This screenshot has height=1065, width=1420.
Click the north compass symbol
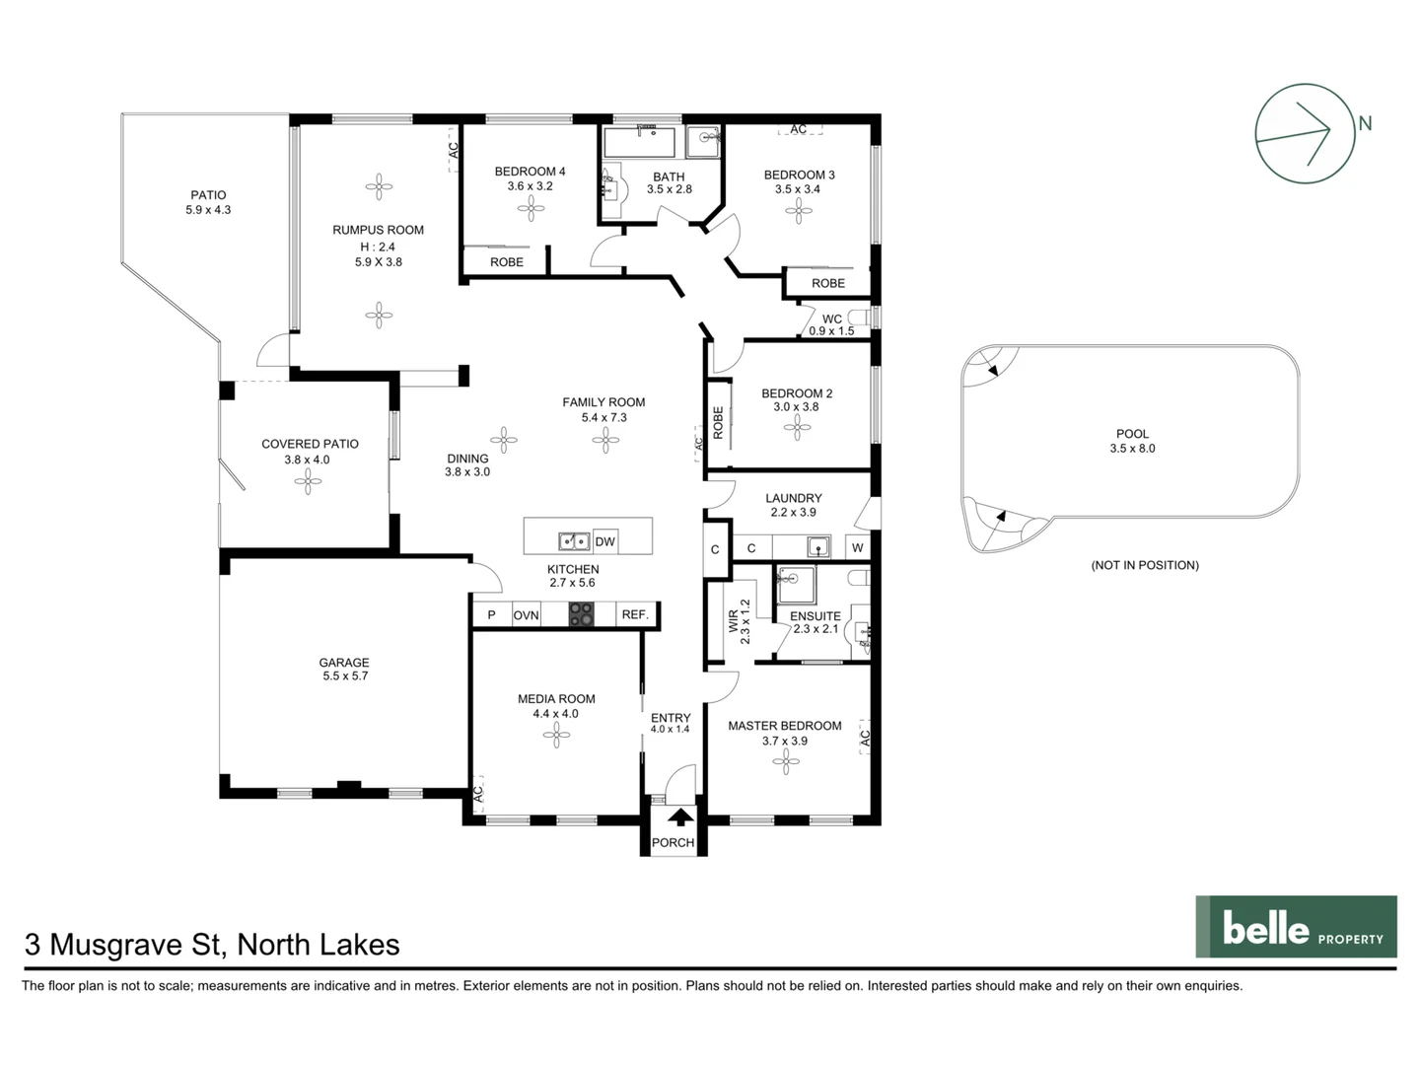[x=1304, y=133]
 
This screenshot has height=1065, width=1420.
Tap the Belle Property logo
[x=1296, y=927]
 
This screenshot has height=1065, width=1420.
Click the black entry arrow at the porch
[x=679, y=816]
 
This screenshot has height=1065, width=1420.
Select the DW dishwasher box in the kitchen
[x=604, y=541]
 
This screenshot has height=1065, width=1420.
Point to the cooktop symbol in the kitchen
[x=581, y=614]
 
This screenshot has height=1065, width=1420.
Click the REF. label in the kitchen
[x=635, y=614]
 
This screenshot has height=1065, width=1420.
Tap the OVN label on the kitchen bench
[x=526, y=615]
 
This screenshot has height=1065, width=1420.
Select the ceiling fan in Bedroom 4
[x=532, y=208]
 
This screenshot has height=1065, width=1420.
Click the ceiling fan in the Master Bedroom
[x=786, y=761]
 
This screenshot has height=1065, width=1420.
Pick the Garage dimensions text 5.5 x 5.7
[x=344, y=676]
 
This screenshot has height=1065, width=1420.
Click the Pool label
[x=1132, y=434]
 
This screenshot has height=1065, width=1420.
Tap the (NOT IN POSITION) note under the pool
[x=1145, y=565]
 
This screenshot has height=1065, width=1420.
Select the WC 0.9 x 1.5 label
[x=831, y=325]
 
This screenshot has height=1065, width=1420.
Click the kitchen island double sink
[x=573, y=540]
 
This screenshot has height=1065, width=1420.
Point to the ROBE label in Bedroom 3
[x=828, y=283]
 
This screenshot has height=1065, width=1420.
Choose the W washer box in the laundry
[x=857, y=548]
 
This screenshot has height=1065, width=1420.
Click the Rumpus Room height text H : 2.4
[x=378, y=247]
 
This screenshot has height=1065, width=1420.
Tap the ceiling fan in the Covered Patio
[x=308, y=481]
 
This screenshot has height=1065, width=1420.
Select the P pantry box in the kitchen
[x=491, y=615]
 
